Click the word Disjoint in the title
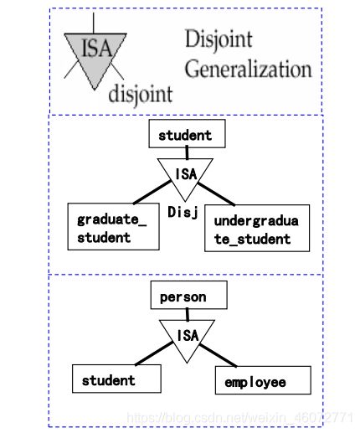tap(219, 39)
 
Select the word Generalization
tap(248, 69)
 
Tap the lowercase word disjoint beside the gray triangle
tap(141, 95)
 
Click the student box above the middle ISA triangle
tap(187, 134)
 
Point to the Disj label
tap(183, 213)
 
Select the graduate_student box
tap(113, 226)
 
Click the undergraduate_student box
tap(257, 228)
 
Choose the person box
tap(189, 295)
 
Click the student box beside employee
tap(116, 379)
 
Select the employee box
tap(263, 380)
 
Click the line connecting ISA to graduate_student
tap(152, 192)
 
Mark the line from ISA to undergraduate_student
tap(216, 194)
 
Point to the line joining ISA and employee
tap(218, 355)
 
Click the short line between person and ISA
tap(188, 314)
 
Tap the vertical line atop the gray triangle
tap(94, 23)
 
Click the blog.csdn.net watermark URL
tap(239, 418)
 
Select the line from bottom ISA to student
tap(154, 353)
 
